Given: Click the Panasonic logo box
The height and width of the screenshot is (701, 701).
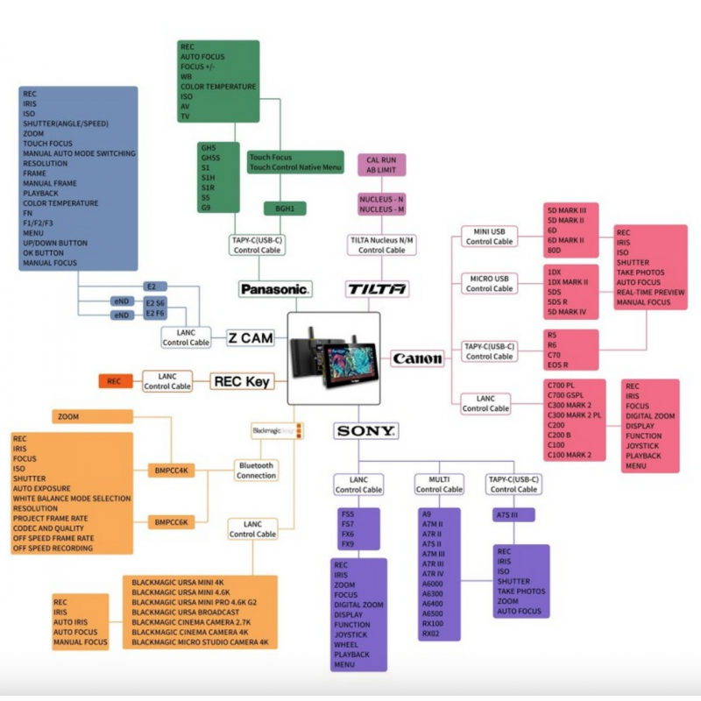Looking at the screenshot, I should tap(275, 287).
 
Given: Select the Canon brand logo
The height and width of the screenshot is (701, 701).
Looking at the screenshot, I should tap(417, 358).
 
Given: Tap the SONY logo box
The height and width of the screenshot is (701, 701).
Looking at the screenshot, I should tap(366, 430).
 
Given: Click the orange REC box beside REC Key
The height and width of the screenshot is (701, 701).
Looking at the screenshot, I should tap(114, 381).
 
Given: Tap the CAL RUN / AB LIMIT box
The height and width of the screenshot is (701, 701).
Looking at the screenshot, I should tap(381, 165).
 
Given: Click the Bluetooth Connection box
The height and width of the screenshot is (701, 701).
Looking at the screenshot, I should tap(255, 471).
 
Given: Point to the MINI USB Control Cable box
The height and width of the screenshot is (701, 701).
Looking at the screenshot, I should tap(489, 236).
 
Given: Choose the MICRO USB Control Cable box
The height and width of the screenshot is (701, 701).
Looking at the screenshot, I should tap(489, 283).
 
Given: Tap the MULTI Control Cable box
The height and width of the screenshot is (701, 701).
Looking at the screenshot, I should tap(439, 484).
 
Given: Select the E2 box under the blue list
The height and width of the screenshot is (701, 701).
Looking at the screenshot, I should tap(151, 287).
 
